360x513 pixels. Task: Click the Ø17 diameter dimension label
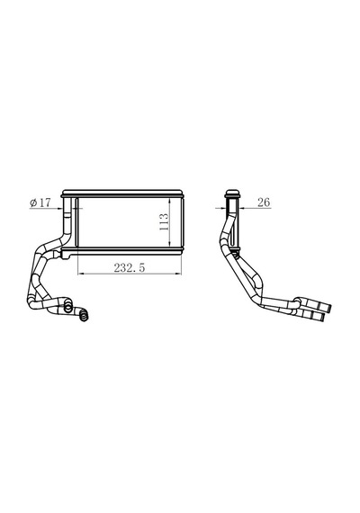coord(40,202)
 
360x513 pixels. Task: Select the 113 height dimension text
coord(164,221)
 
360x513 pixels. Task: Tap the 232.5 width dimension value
coord(130,268)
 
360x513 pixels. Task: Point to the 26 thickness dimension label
coord(264,202)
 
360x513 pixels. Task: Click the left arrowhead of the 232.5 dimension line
coord(80,274)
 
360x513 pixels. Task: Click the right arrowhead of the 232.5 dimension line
coord(178,274)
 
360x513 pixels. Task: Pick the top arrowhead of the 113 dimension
coord(169,201)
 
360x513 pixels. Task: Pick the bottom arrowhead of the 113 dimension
coord(169,243)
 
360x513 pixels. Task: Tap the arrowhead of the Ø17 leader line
coord(60,208)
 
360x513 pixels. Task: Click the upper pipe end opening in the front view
coord(67,307)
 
